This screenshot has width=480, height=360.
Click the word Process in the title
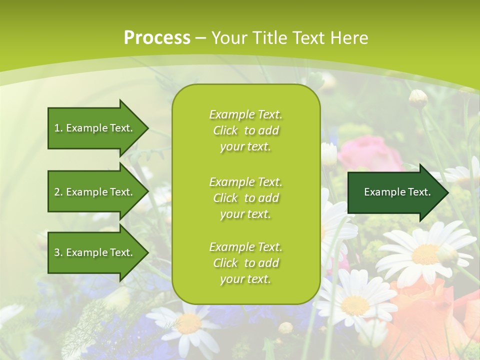point(157,38)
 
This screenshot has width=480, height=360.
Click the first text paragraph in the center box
point(245,130)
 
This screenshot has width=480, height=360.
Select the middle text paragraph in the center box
point(245,198)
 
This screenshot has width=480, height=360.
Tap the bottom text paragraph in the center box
point(245,263)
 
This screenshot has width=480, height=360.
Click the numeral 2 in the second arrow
point(56,192)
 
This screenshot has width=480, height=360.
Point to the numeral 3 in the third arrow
point(56,252)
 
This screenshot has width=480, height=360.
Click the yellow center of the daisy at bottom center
point(189,324)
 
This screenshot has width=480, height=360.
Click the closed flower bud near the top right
point(418,98)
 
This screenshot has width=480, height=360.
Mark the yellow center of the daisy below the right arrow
point(425,254)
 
